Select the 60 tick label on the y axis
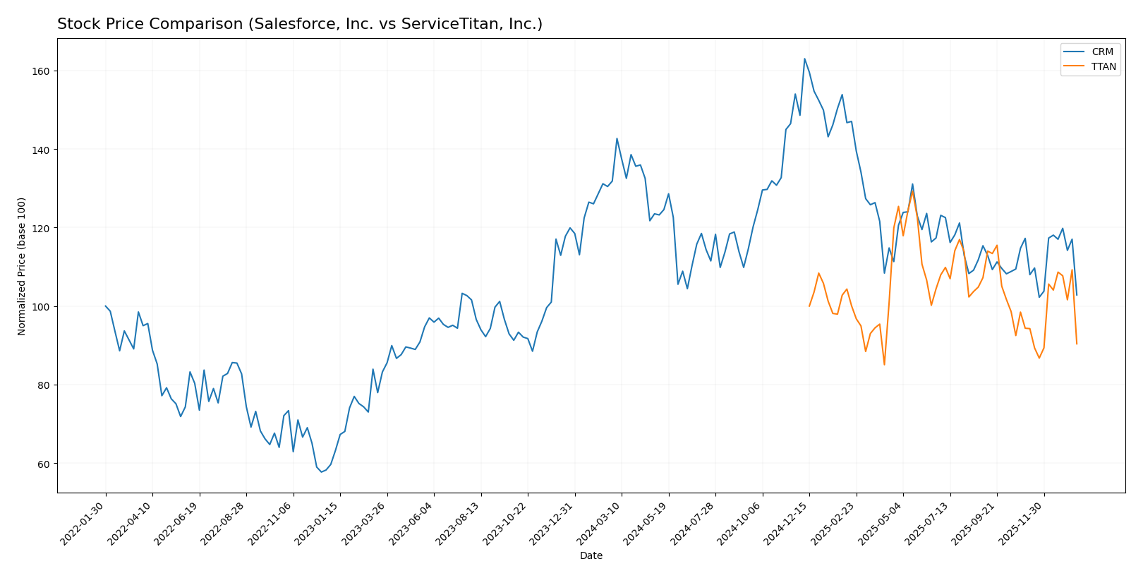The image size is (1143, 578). pyautogui.click(x=44, y=464)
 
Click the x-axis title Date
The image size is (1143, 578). pyautogui.click(x=591, y=556)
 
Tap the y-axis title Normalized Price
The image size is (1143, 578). pyautogui.click(x=22, y=266)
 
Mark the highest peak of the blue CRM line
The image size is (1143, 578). pyautogui.click(x=804, y=59)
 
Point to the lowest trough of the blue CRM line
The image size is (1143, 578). pyautogui.click(x=321, y=471)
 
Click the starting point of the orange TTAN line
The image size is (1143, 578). pyautogui.click(x=809, y=306)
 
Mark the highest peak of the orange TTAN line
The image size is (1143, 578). pyautogui.click(x=912, y=191)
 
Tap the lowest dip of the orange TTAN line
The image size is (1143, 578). pyautogui.click(x=884, y=365)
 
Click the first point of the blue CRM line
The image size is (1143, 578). pyautogui.click(x=106, y=306)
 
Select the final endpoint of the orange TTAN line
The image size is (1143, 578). pyautogui.click(x=1077, y=344)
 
